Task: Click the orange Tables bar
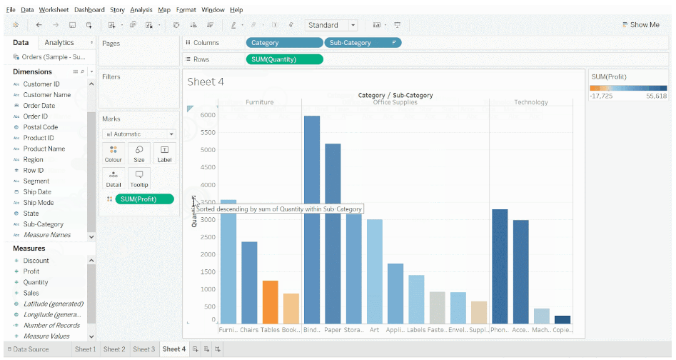pyautogui.click(x=270, y=302)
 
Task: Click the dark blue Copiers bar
pyautogui.click(x=563, y=319)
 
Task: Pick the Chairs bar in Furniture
pyautogui.click(x=249, y=283)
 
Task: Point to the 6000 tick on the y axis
pyautogui.click(x=208, y=115)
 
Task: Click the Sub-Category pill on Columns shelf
pyautogui.click(x=362, y=43)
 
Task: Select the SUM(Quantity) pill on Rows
pyautogui.click(x=284, y=59)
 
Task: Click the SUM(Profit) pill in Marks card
pyautogui.click(x=144, y=199)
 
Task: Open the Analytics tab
pyautogui.click(x=59, y=43)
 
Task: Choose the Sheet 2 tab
pyautogui.click(x=114, y=349)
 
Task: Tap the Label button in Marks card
pyautogui.click(x=164, y=154)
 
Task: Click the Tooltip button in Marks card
pyautogui.click(x=138, y=179)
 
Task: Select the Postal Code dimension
pyautogui.click(x=41, y=127)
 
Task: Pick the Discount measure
pyautogui.click(x=36, y=261)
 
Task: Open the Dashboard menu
pyautogui.click(x=89, y=10)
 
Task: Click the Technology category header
pyautogui.click(x=531, y=102)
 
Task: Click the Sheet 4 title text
pyautogui.click(x=206, y=82)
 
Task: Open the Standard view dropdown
pyautogui.click(x=331, y=25)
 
